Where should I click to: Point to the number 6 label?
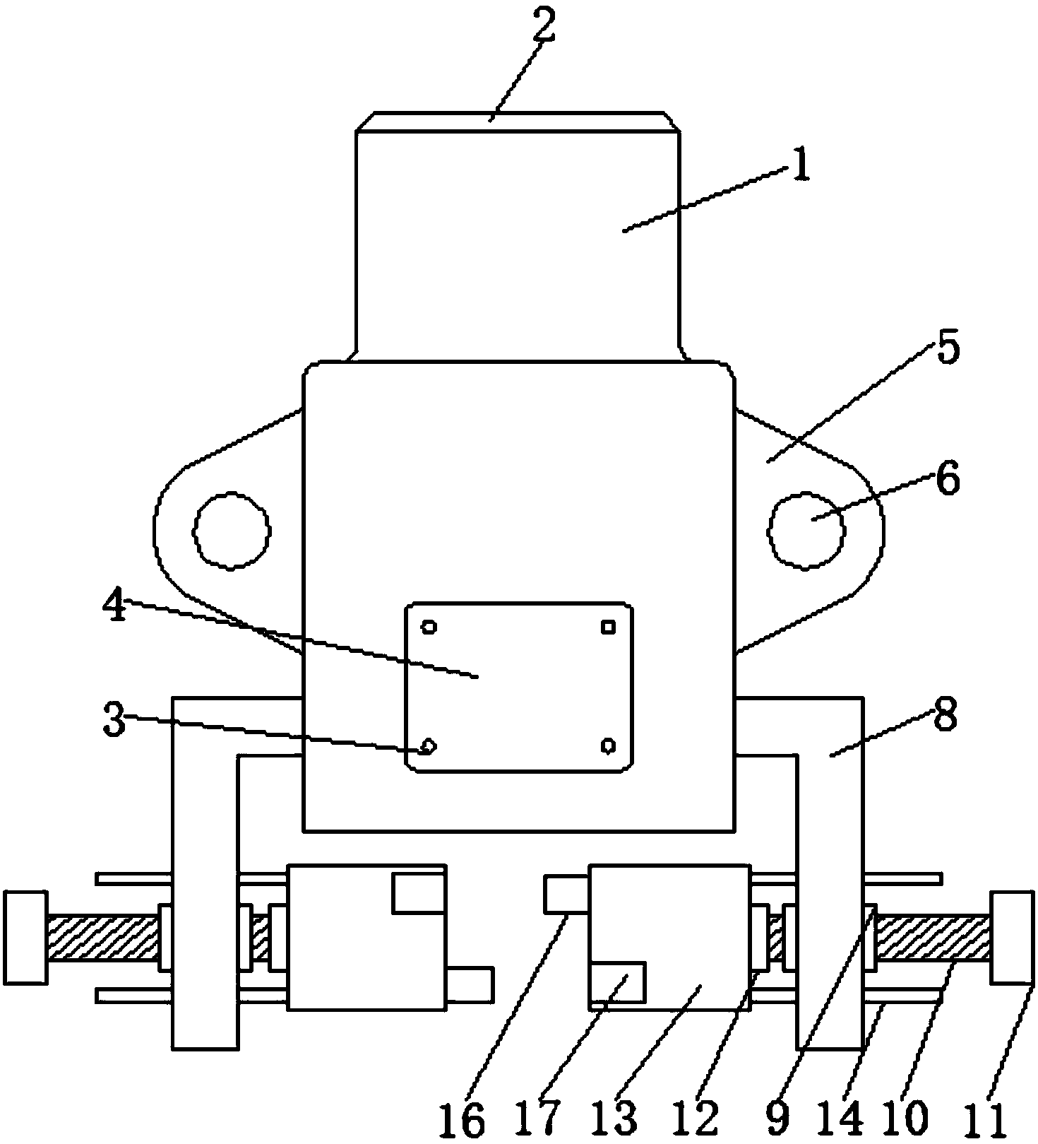pyautogui.click(x=948, y=478)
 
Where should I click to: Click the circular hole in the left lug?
pyautogui.click(x=231, y=529)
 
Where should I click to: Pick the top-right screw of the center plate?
pyautogui.click(x=608, y=627)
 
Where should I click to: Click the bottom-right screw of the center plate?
pyautogui.click(x=609, y=745)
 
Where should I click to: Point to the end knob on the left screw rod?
pyautogui.click(x=25, y=937)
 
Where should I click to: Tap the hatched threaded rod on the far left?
pyautogui.click(x=103, y=937)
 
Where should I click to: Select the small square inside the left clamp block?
pyautogui.click(x=419, y=892)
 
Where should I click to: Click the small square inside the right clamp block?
pyautogui.click(x=617, y=981)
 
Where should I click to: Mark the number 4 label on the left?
pyautogui.click(x=115, y=606)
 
